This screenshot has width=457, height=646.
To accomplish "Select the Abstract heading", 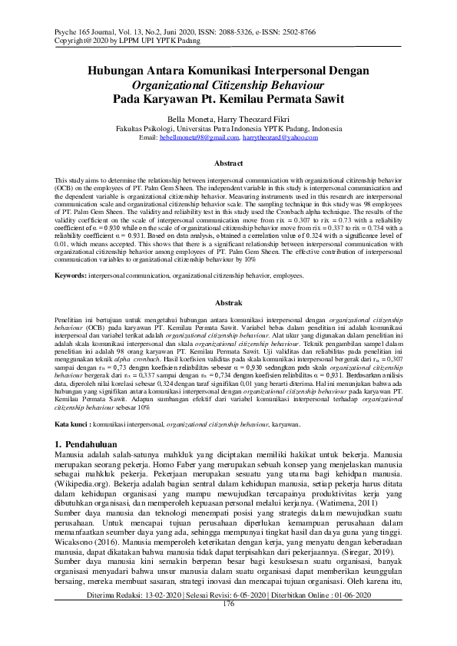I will click(x=228, y=164).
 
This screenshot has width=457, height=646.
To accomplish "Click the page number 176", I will click(x=228, y=625).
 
